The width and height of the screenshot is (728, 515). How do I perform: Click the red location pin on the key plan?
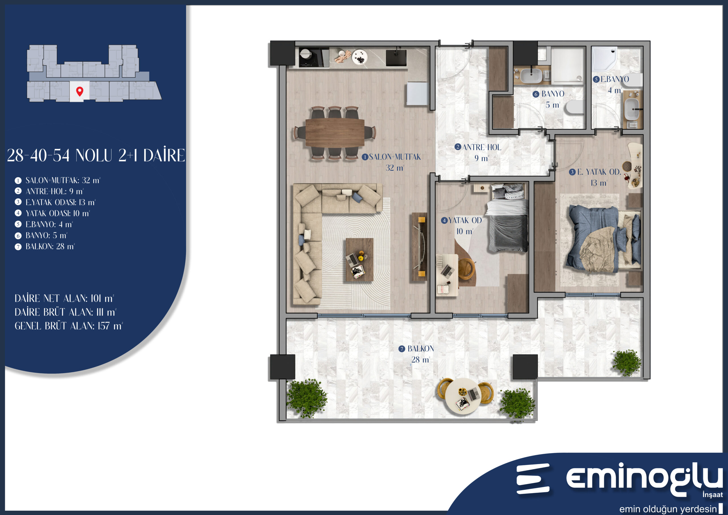(x=80, y=91)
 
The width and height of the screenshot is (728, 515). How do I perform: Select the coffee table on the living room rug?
(x=359, y=260)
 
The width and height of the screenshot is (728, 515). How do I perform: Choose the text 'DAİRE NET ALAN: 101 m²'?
(x=64, y=298)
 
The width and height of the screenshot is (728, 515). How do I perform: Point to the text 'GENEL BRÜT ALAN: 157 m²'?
(x=69, y=326)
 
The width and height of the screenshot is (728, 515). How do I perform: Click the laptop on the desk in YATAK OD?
(x=447, y=271)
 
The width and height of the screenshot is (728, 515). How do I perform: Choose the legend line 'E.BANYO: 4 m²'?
(x=49, y=224)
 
